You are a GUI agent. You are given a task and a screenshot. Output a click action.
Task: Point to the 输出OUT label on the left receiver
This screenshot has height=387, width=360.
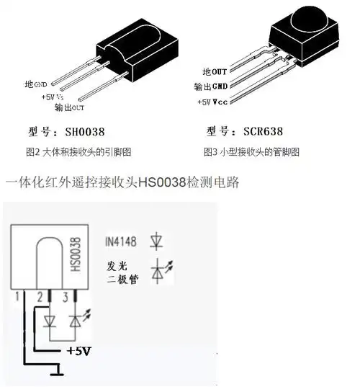(x=69, y=108)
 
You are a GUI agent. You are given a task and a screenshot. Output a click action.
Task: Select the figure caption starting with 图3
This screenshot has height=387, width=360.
(x=251, y=152)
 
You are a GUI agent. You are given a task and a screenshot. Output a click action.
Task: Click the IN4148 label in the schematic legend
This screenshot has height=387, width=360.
(x=121, y=241)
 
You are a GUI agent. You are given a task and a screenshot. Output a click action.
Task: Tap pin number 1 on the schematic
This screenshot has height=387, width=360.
(x=15, y=296)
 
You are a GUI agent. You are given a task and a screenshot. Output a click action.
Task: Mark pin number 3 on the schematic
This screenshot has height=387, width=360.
(x=67, y=296)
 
